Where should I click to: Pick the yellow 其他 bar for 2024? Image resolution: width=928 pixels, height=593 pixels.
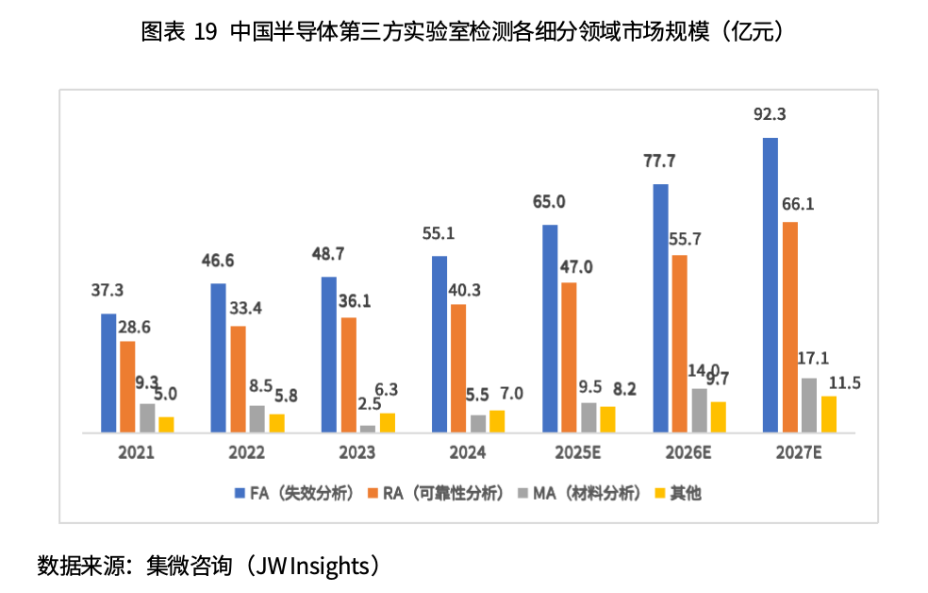click(x=497, y=421)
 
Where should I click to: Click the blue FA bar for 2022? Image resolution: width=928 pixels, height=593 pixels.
click(x=219, y=358)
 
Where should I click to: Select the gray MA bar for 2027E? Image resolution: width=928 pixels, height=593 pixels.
click(x=809, y=405)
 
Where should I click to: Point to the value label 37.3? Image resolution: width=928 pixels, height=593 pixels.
click(x=107, y=291)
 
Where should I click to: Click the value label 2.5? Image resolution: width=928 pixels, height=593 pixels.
click(x=368, y=404)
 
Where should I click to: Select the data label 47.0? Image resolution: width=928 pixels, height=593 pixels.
click(x=575, y=267)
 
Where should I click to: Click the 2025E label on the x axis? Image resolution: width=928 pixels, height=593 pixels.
click(x=576, y=453)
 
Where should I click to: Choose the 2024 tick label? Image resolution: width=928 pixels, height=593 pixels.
click(x=467, y=453)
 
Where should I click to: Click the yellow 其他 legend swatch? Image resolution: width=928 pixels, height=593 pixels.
click(x=660, y=493)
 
